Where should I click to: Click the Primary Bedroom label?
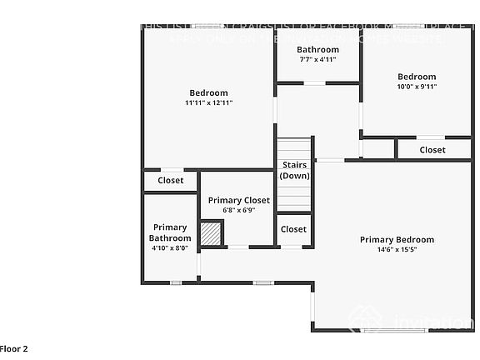397,240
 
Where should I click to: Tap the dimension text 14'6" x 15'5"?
397,250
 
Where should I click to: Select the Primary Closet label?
239,200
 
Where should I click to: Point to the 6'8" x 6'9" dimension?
239,210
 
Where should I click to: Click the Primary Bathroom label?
170,232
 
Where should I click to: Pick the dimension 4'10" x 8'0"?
170,247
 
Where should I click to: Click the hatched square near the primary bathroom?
212,234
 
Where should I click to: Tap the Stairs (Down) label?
294,170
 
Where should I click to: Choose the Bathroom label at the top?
317,50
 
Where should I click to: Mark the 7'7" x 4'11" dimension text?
317,60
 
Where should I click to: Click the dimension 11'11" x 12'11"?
208,102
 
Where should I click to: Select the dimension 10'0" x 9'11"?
417,86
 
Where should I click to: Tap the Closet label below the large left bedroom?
171,180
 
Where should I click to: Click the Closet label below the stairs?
293,229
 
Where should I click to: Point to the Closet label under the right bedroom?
432,150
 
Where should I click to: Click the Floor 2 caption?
14,349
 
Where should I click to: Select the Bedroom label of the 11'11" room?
208,92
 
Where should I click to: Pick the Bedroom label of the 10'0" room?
417,77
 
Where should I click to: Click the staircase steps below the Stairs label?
293,197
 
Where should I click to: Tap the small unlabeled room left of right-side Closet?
377,149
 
